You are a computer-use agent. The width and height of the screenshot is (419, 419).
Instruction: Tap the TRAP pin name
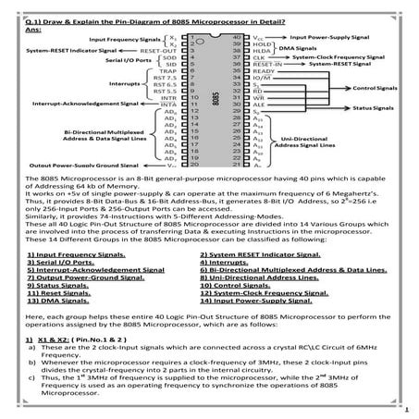166,70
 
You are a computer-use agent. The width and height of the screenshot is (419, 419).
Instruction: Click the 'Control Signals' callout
375,88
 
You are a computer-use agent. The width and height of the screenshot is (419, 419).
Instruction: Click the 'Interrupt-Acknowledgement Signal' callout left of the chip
85,105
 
